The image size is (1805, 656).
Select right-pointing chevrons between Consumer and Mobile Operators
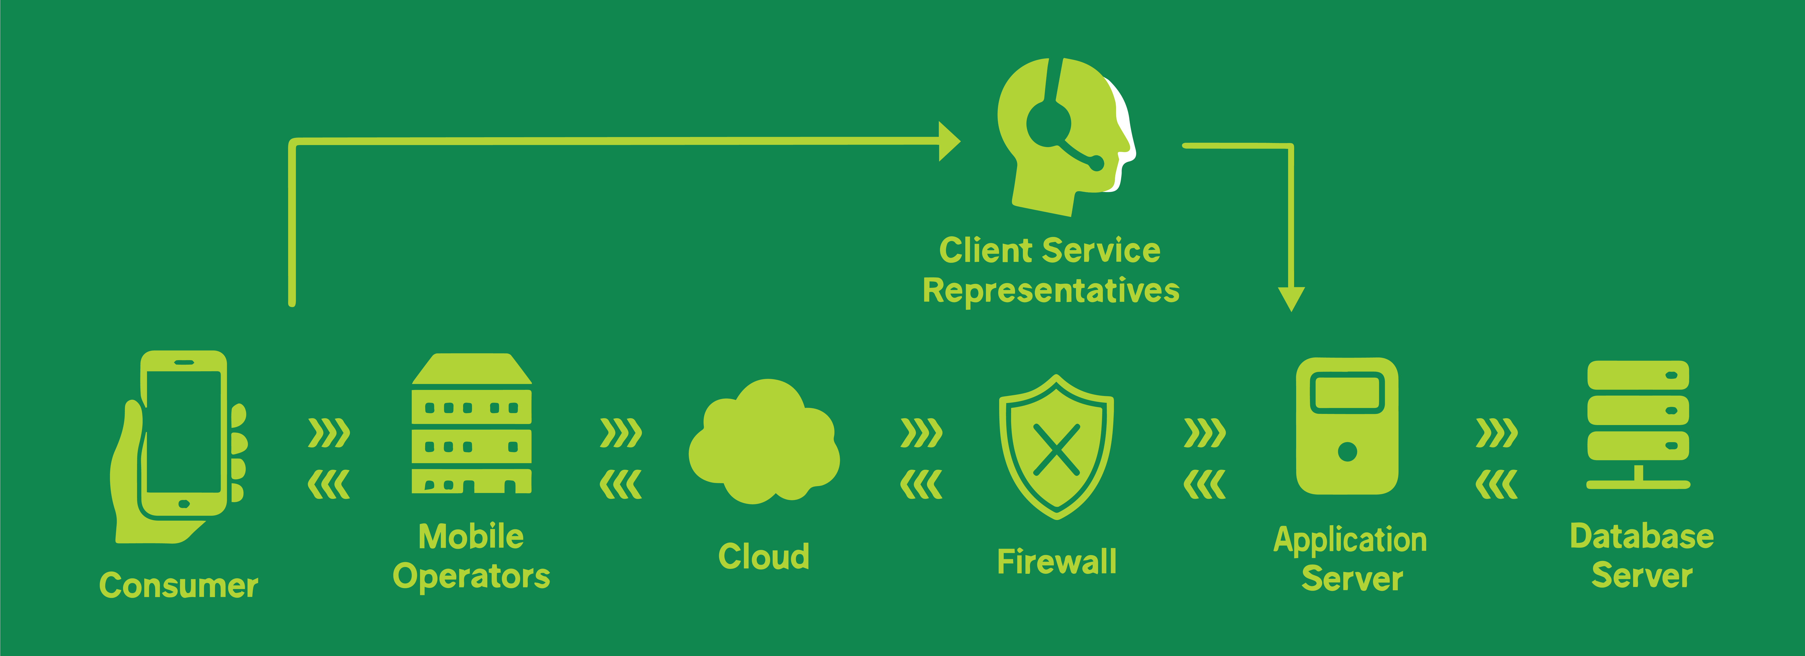[329, 433]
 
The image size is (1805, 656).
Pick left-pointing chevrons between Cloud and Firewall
[921, 484]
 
